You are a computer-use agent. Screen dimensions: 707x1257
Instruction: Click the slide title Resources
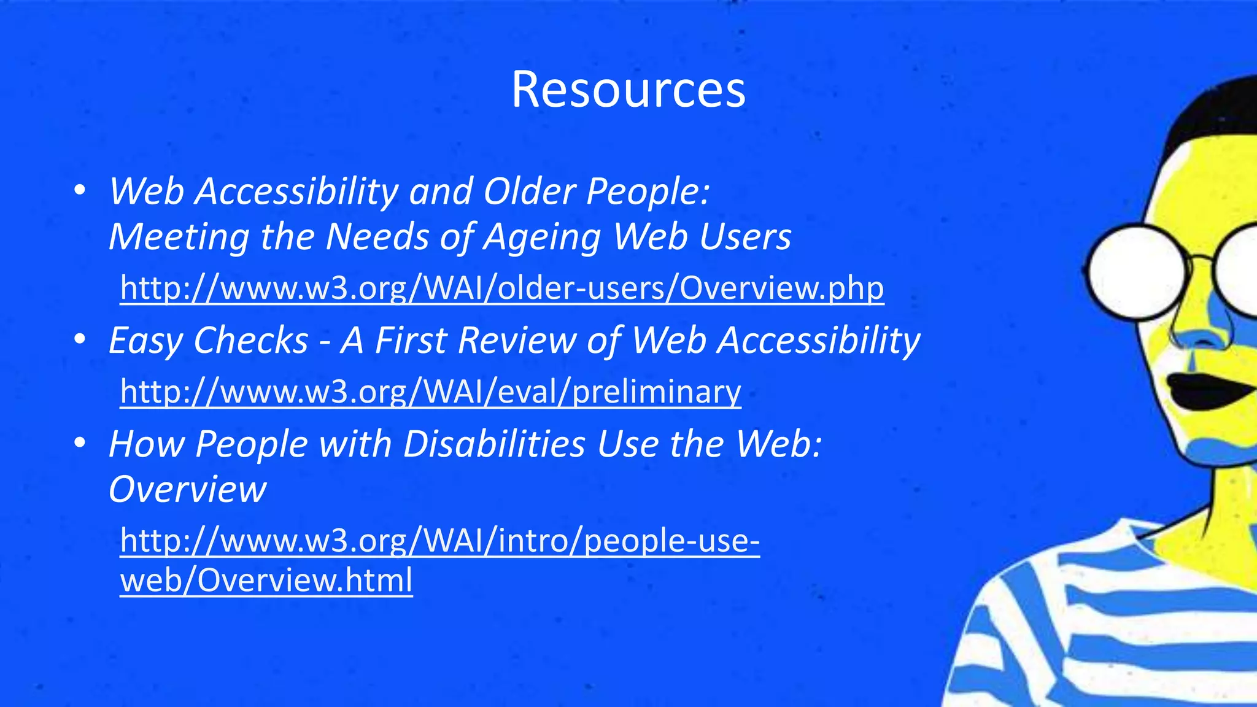click(x=628, y=90)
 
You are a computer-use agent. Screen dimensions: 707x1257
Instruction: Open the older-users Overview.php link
click(x=501, y=287)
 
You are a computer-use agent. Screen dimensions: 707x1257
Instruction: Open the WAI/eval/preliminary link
click(x=430, y=391)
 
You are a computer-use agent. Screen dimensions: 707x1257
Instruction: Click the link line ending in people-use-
click(x=439, y=541)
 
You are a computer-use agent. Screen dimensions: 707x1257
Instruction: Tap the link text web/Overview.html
click(x=266, y=580)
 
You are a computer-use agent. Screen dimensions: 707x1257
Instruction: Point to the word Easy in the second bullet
click(x=145, y=341)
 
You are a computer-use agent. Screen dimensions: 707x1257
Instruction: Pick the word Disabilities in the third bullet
click(x=494, y=444)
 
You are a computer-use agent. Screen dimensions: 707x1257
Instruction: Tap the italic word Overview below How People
click(x=187, y=489)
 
